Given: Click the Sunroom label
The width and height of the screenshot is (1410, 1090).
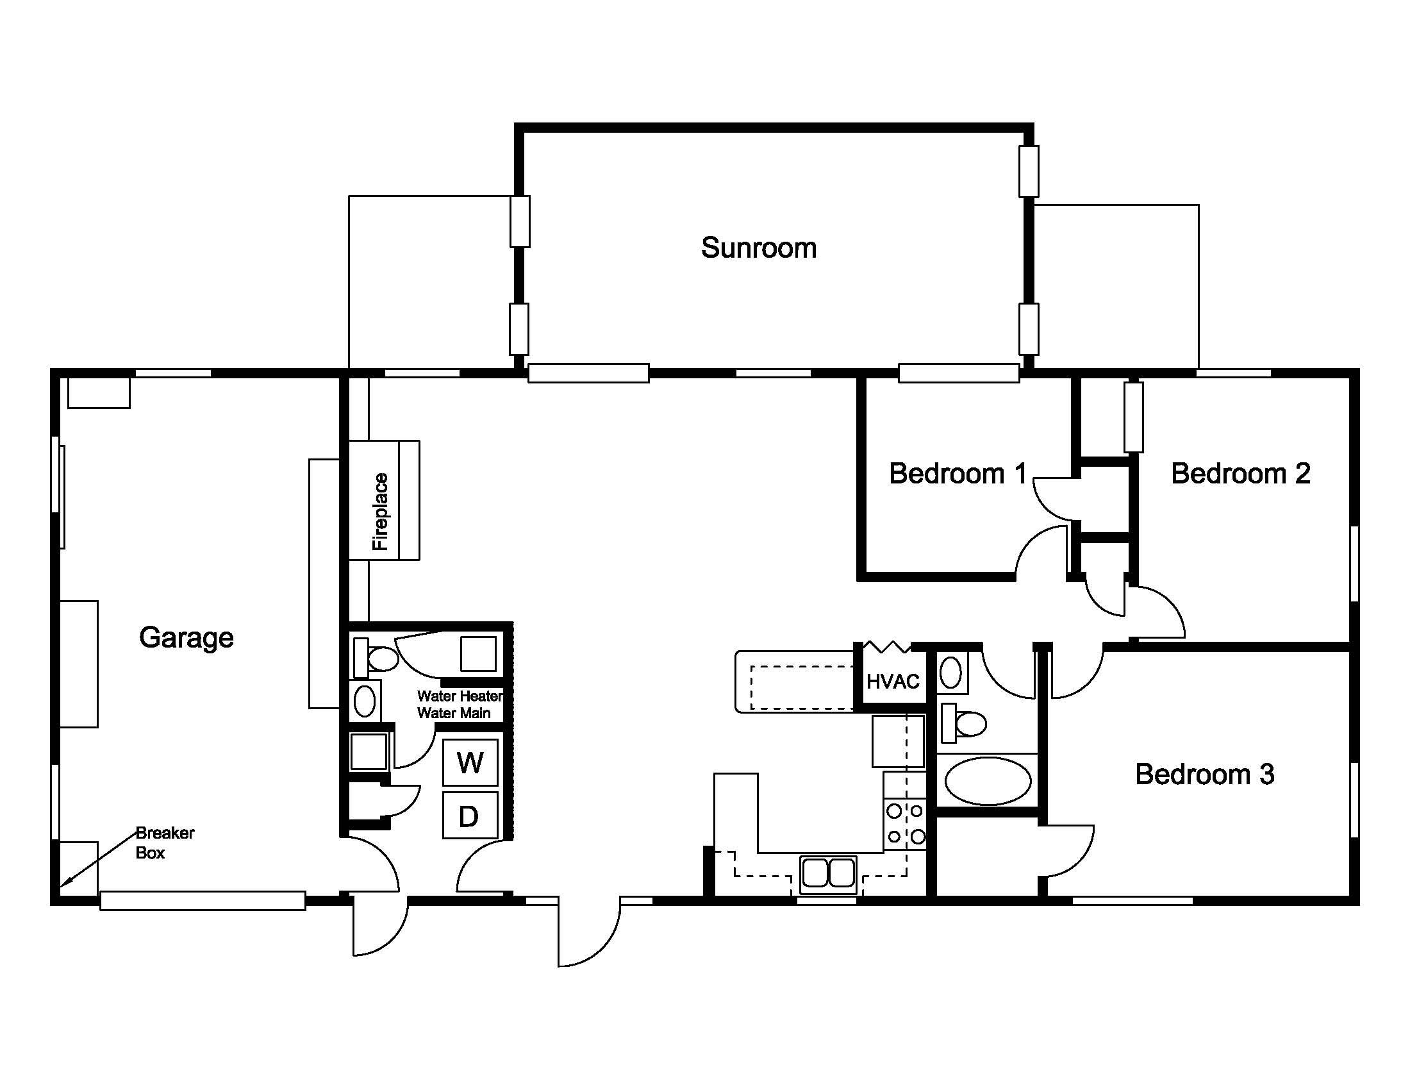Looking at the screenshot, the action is tap(759, 248).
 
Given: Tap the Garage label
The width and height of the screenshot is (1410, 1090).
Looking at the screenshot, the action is tap(186, 638).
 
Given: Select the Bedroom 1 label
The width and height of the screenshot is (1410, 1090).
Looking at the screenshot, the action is tap(958, 473).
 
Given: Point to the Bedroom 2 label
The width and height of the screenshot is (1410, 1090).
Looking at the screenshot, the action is tap(1240, 473).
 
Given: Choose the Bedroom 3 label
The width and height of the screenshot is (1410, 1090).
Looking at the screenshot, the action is tap(1205, 775).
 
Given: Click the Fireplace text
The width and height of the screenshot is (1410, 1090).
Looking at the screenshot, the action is tap(380, 512).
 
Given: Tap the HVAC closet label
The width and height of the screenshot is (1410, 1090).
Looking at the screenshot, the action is tap(892, 681).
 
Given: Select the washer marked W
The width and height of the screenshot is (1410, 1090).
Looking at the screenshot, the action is tap(470, 762).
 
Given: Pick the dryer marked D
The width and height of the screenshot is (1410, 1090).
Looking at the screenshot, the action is tap(470, 816).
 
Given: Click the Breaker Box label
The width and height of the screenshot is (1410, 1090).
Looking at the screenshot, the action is tap(165, 843).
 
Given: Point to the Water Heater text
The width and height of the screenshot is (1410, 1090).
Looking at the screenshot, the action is tap(460, 696).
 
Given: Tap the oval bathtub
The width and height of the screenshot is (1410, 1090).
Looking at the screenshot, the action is tap(988, 782).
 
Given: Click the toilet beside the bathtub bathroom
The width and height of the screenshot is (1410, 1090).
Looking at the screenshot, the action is tap(963, 723).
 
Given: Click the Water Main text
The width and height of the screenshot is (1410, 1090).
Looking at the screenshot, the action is tap(454, 714).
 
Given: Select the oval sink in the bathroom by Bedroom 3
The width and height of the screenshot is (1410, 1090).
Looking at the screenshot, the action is tap(950, 673).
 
